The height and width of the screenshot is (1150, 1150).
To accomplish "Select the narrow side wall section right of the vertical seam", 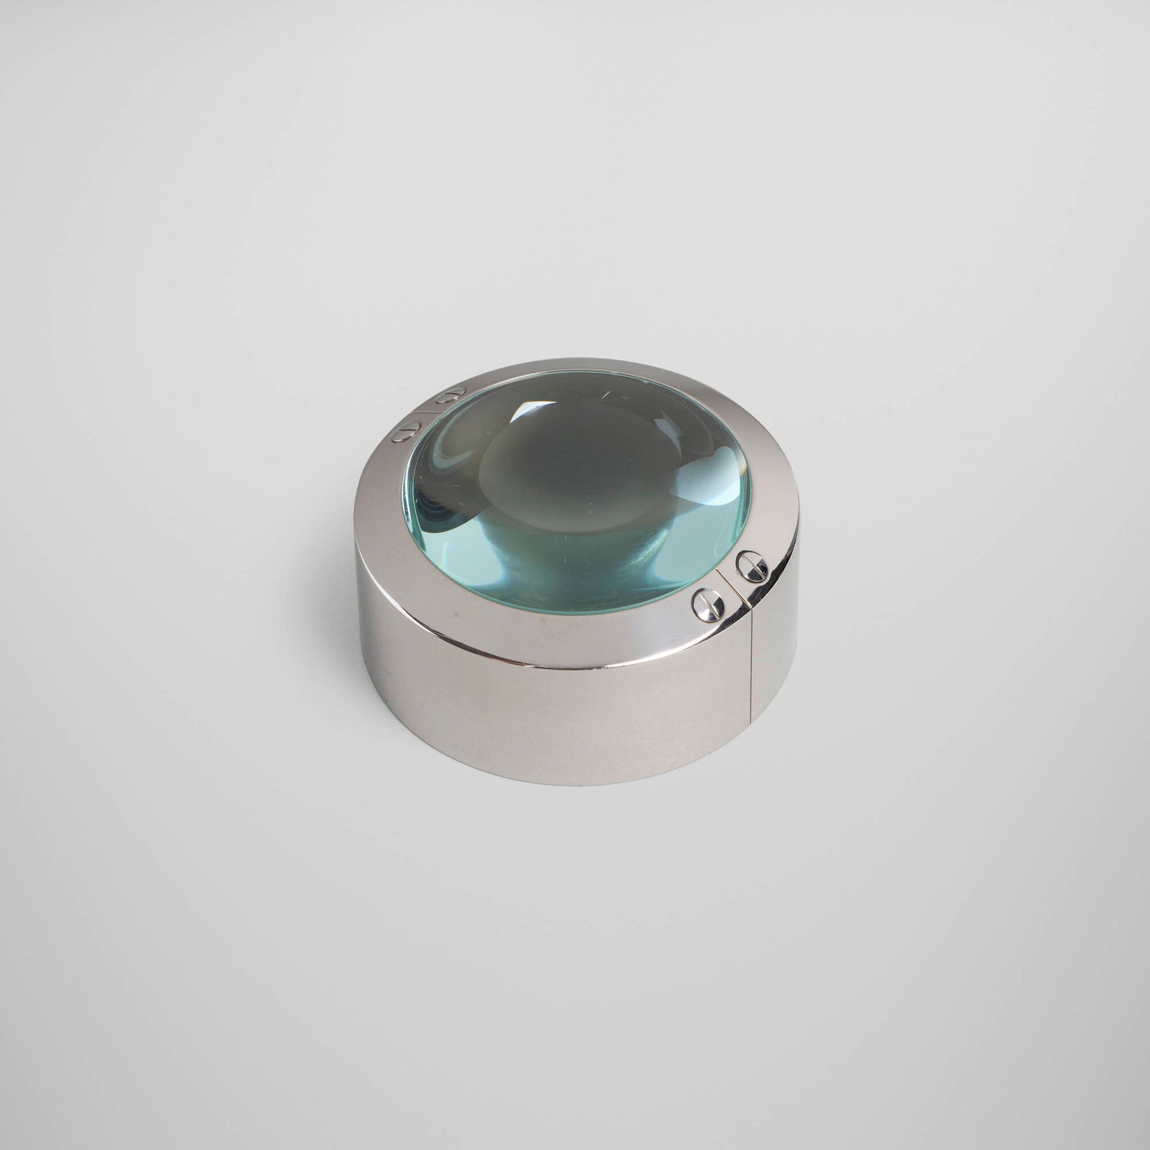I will [773, 661].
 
